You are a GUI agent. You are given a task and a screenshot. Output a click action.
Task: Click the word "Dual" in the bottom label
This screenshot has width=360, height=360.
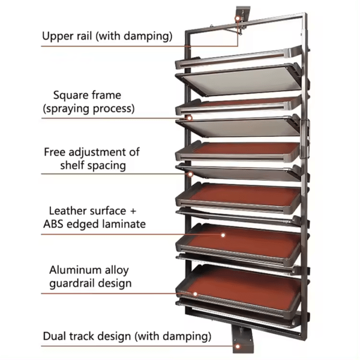(55, 336)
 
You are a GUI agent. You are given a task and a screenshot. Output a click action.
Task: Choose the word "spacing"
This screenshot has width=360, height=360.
(105, 166)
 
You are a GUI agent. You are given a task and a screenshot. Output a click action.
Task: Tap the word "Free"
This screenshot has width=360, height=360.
(56, 152)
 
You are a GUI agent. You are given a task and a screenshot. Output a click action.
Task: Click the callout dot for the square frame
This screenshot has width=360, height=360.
(190, 118)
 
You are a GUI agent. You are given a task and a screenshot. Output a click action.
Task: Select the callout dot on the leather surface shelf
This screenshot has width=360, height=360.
(223, 235)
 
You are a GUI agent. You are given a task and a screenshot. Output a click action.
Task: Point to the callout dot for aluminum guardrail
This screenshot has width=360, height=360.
(195, 293)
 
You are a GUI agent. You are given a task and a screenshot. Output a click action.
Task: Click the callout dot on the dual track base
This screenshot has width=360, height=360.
(239, 346)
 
